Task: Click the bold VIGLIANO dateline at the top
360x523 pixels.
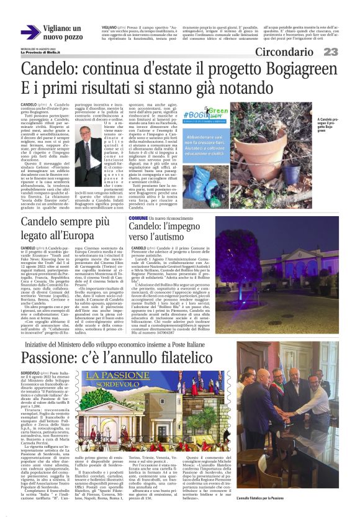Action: [x=109, y=28]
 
